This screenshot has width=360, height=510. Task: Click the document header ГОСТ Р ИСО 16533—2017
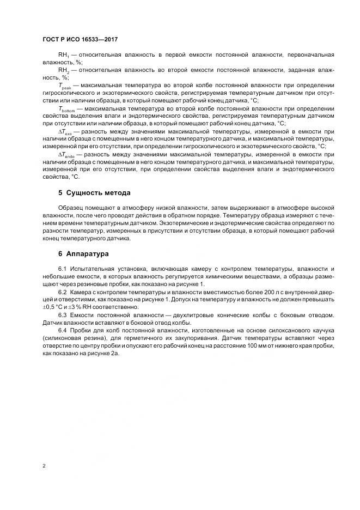tap(80, 40)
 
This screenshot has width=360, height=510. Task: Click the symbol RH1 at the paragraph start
tap(63, 56)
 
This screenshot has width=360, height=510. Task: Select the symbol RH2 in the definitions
tap(63, 71)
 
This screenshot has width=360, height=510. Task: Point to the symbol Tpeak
tap(65, 86)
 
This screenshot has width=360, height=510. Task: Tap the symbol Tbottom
tap(68, 108)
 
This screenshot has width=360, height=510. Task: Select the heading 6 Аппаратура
tap(84, 254)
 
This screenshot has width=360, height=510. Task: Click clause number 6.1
tap(62, 270)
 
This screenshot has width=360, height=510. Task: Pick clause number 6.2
tap(62, 293)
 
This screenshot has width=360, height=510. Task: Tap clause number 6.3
tap(62, 315)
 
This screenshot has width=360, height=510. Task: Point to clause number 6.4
tap(62, 331)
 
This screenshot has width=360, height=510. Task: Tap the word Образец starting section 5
tap(71, 209)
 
